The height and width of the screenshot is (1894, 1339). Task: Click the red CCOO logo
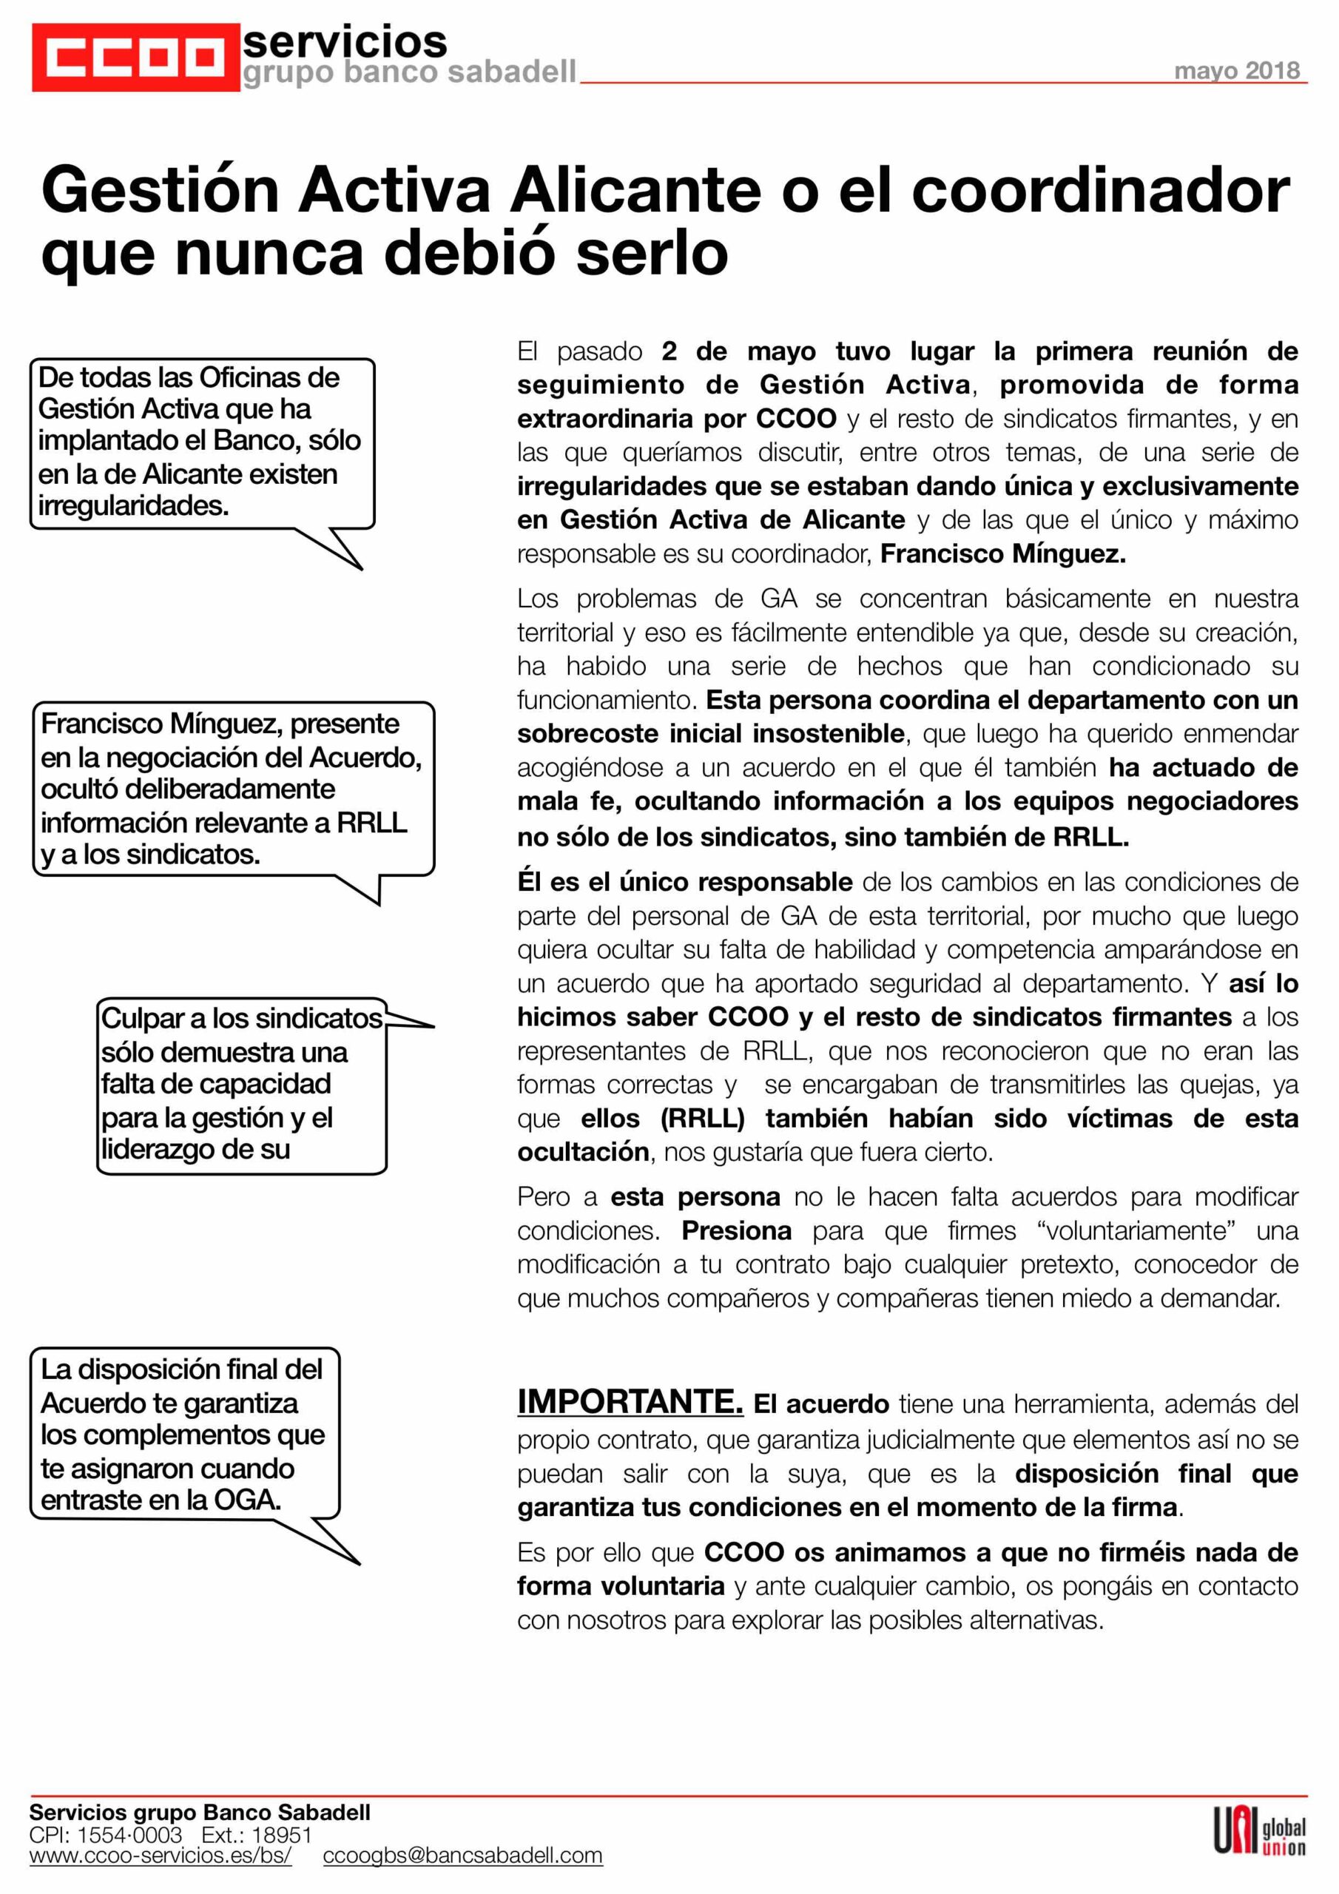click(x=135, y=57)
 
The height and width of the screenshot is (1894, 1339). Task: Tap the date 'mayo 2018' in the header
click(x=1236, y=71)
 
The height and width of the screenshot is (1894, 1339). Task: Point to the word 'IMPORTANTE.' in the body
click(x=630, y=1401)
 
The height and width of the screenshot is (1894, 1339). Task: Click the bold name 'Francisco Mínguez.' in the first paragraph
click(x=1002, y=553)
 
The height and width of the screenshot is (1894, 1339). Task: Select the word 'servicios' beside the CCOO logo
click(x=345, y=41)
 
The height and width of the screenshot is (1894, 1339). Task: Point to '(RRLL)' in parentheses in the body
click(x=702, y=1118)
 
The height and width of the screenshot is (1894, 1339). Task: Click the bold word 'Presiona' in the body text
click(x=736, y=1231)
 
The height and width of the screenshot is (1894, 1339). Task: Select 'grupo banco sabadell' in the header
click(x=409, y=73)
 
